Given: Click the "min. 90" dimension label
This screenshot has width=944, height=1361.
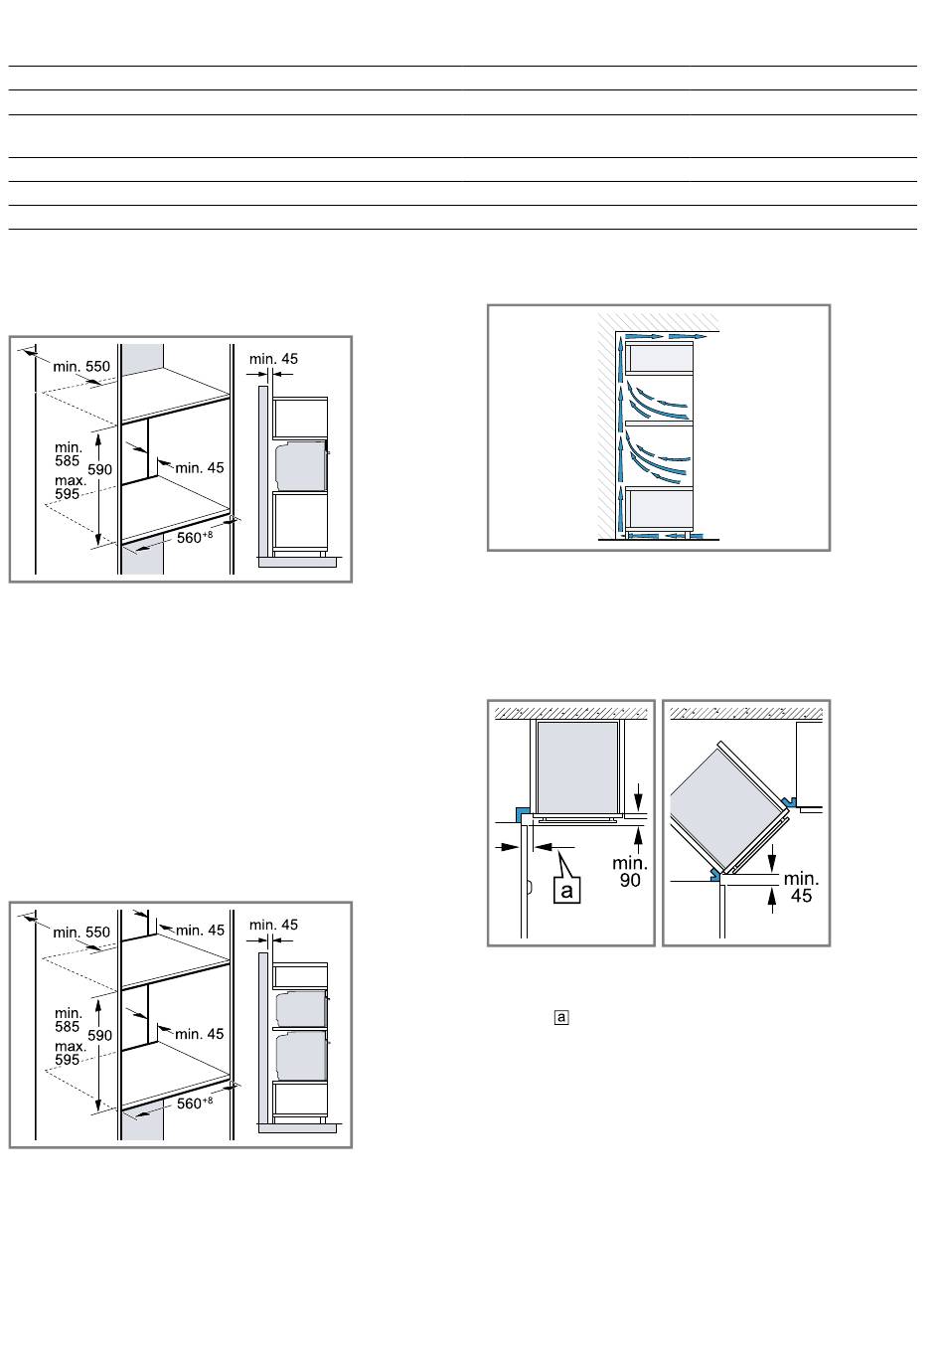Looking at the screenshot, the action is tap(629, 872).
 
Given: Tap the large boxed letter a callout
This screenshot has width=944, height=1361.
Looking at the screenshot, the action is tap(566, 891).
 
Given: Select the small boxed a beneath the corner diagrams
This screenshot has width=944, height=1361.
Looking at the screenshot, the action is tap(561, 1017).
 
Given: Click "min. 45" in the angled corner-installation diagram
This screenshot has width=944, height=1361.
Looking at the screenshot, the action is tap(801, 887).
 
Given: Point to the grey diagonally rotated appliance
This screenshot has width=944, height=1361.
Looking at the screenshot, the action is tap(723, 806).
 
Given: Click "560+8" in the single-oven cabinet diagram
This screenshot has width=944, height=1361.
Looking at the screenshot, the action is tap(195, 537).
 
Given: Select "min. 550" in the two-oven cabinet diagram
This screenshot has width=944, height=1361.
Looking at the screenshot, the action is tap(81, 933).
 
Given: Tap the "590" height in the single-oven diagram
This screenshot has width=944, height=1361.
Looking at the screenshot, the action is tap(99, 469).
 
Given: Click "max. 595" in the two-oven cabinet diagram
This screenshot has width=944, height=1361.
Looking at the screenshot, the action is tap(70, 1053).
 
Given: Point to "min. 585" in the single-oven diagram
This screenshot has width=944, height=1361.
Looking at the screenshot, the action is tap(68, 454).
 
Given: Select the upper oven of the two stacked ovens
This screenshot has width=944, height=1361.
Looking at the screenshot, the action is tap(301, 1009).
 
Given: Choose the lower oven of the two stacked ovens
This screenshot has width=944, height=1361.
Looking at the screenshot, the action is tap(301, 1056).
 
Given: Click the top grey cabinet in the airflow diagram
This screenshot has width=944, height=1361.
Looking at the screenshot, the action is tap(661, 359).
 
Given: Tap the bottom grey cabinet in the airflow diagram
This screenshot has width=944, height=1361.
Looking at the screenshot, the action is tap(661, 508).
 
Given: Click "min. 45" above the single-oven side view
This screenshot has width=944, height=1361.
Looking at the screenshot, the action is tap(273, 359).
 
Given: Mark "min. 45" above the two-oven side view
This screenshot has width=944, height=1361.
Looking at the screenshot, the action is tap(273, 925).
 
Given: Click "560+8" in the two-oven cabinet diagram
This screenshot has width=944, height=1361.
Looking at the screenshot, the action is tap(195, 1103).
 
